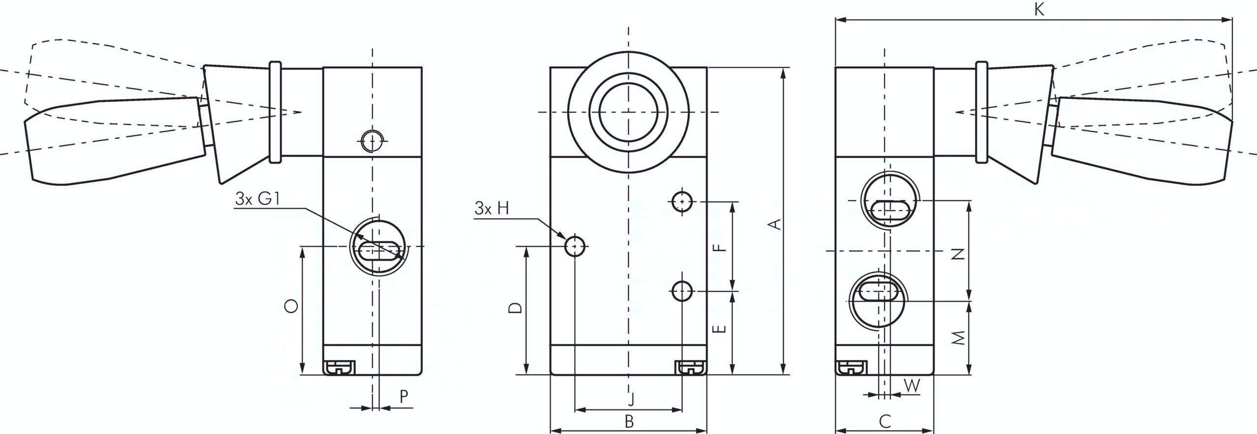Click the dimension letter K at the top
(1039, 10)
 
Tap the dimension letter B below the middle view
(629, 421)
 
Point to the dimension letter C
(885, 421)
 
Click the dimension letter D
(515, 308)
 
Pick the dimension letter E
(719, 328)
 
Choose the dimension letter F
(719, 247)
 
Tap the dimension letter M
(959, 338)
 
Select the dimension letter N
(959, 254)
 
